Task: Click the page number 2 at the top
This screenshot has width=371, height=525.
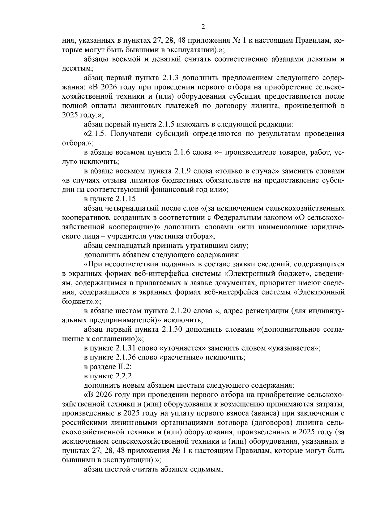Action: [203, 27]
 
